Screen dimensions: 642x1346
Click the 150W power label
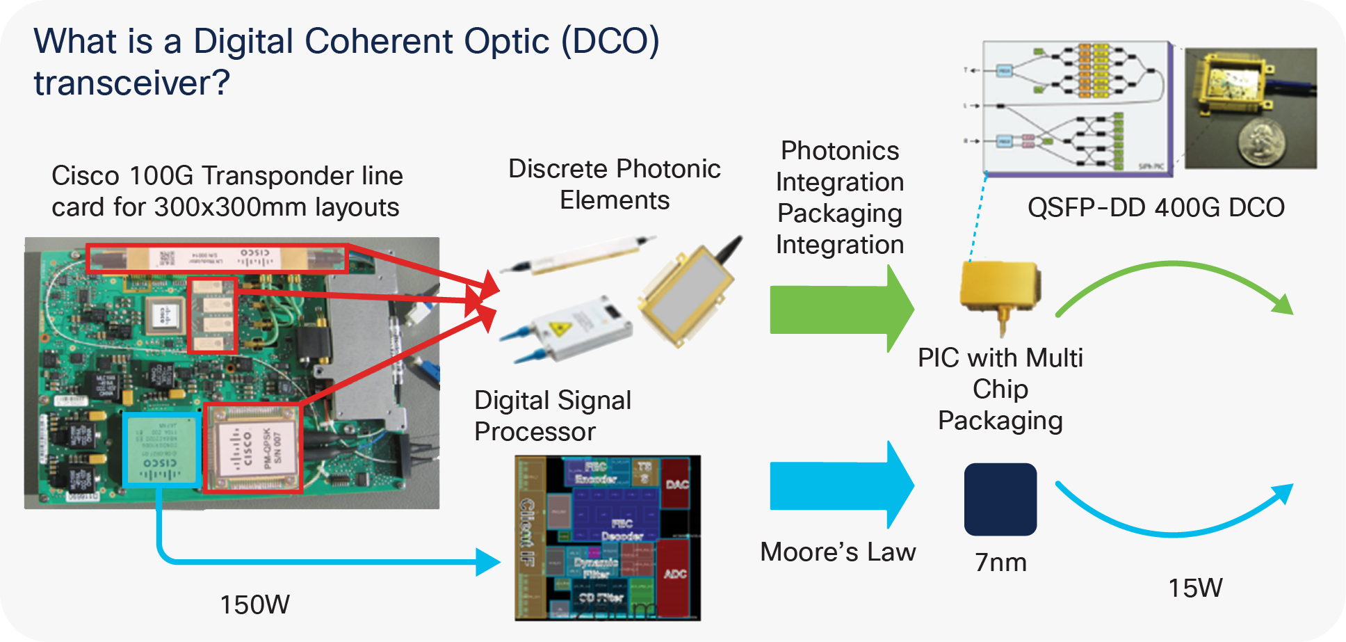click(x=254, y=604)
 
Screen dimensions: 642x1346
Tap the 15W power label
click(x=1194, y=588)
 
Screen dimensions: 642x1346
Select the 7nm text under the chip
click(x=1000, y=562)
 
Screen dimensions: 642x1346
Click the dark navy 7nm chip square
click(x=1000, y=499)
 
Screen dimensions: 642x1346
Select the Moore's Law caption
click(x=838, y=552)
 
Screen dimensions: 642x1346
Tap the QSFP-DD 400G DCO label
click(x=1156, y=207)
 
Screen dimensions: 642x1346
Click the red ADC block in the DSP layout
click(x=675, y=574)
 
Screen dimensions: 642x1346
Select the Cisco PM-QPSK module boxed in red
click(x=253, y=448)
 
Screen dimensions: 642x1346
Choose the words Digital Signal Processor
click(x=552, y=415)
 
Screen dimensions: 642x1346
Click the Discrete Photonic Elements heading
click(x=614, y=184)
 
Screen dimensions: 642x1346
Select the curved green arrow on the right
click(x=1175, y=282)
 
